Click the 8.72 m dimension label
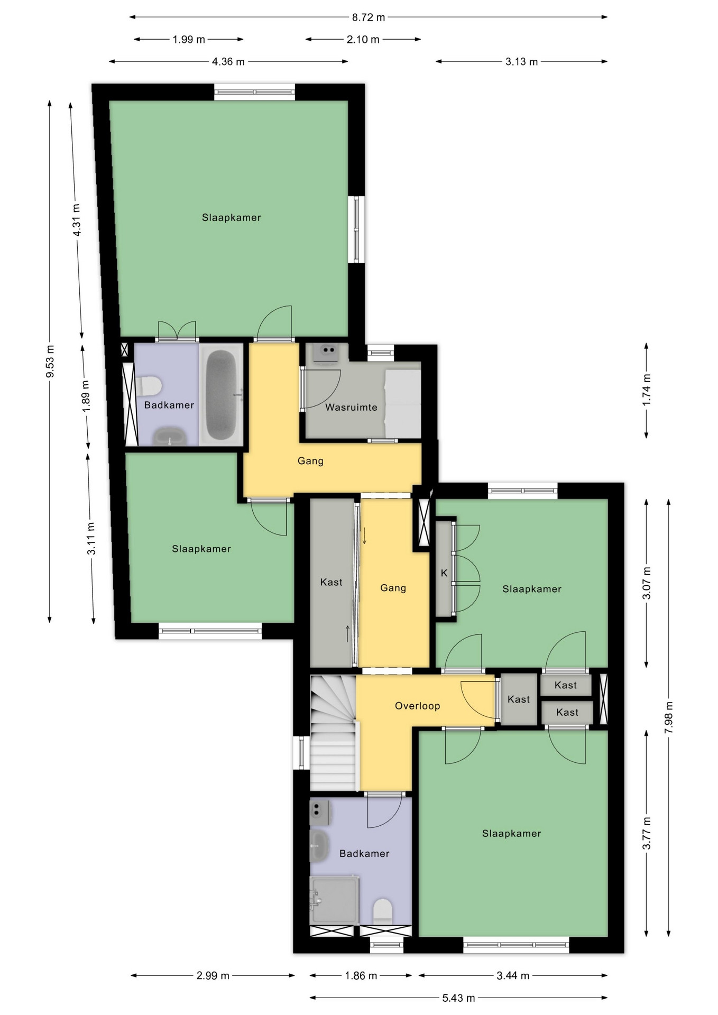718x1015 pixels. coord(369,17)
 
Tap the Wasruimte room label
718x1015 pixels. coord(351,407)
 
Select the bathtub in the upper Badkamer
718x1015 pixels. coord(221,395)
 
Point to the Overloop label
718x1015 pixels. coord(417,706)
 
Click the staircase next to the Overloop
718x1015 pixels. coord(333,733)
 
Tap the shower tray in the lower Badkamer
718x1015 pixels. coord(334,900)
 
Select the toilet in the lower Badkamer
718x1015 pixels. coord(383,911)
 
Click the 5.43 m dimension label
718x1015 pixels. coord(458,998)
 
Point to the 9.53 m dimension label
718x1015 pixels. coord(50,361)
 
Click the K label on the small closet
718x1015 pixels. coord(444,573)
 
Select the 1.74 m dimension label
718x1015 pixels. coord(647,390)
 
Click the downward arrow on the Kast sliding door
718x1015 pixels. coord(364,535)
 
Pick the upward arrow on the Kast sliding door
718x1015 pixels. coord(347,633)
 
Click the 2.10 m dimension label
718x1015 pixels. coord(363,40)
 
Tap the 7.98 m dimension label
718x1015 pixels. coord(669,717)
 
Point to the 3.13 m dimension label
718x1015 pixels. coord(521,62)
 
